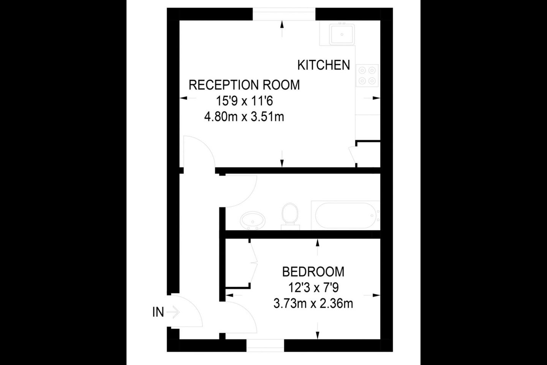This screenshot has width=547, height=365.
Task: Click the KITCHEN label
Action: coord(324,65)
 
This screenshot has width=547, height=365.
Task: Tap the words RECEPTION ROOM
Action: coord(244,85)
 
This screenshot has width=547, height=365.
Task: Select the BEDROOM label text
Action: coord(313,272)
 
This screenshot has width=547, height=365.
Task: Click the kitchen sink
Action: coord(342,35)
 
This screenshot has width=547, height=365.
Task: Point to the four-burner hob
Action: coord(367,76)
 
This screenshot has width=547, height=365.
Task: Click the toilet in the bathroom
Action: coord(290,216)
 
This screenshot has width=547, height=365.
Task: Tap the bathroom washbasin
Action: coord(253,221)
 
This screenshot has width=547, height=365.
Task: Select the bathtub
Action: coord(346,215)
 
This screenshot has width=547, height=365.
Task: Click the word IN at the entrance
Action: coord(158,312)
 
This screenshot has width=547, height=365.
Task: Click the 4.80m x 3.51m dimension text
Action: coord(244,117)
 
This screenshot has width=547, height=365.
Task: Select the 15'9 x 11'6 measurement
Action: coord(244,101)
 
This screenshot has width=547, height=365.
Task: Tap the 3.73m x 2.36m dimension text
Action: coord(313,304)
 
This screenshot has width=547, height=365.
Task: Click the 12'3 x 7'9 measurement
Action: coord(313,288)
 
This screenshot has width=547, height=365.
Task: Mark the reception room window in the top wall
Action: coord(284,14)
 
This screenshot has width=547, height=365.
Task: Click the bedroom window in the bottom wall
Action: coord(265,346)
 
